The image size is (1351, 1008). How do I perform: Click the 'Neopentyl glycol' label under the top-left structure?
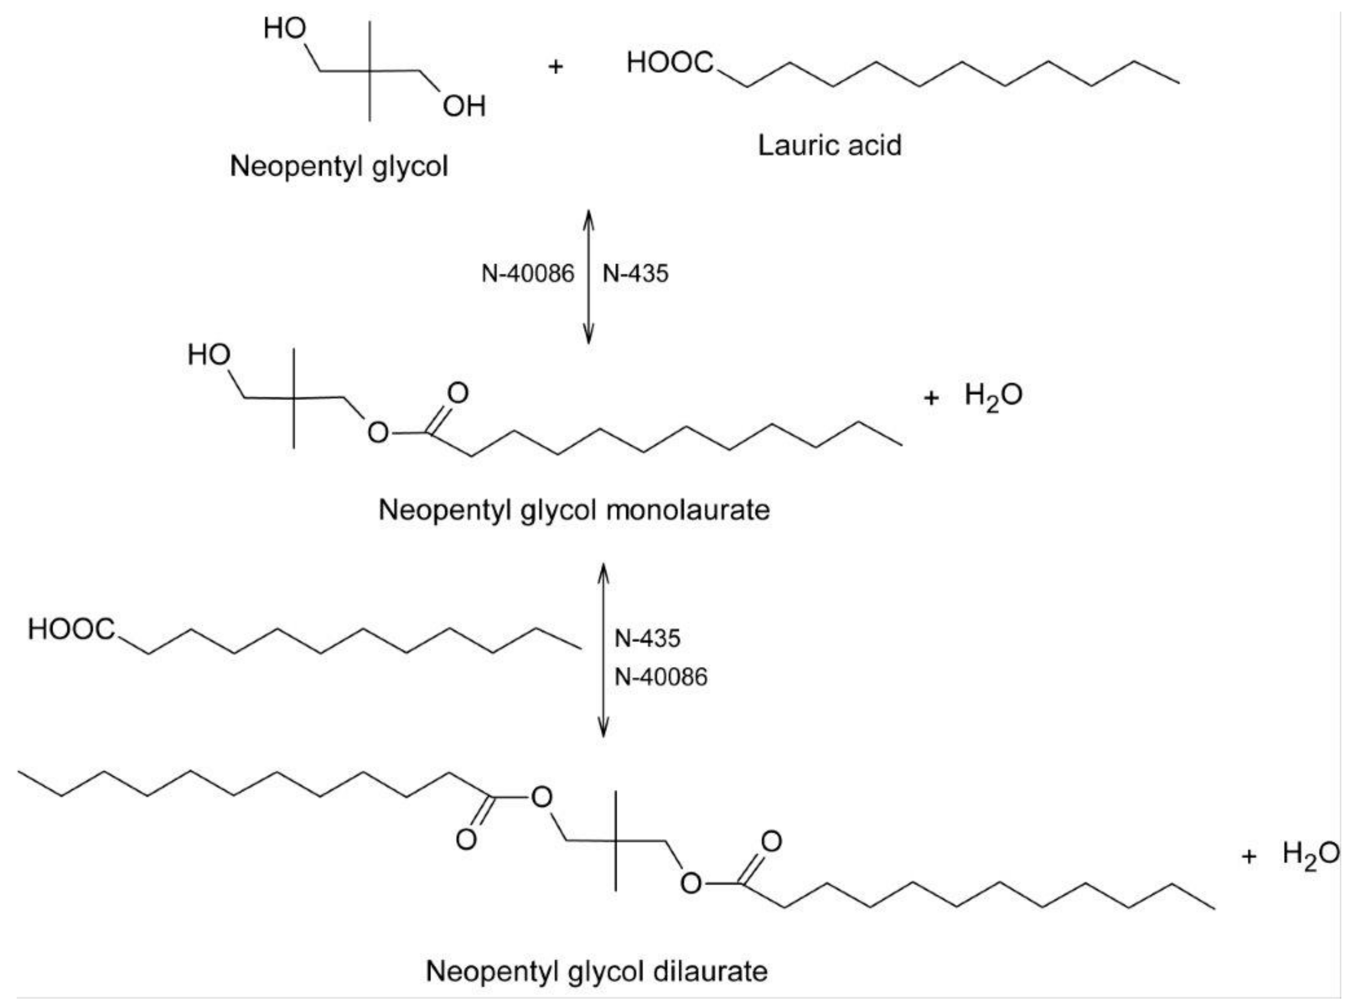[339, 166]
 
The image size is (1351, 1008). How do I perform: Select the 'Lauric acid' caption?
[829, 145]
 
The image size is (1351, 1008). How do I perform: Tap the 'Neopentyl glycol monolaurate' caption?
[574, 509]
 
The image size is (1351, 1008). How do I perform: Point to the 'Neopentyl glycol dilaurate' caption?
[596, 971]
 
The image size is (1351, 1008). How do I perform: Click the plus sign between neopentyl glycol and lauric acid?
[555, 66]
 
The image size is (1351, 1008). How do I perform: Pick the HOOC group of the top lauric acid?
[670, 62]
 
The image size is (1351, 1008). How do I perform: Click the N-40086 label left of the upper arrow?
[527, 274]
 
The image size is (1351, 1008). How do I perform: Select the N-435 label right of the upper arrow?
[635, 274]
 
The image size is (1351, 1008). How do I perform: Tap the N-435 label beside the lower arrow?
[647, 638]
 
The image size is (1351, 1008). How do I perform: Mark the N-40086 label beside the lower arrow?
[660, 677]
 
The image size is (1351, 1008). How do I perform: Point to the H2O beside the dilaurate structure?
[1311, 854]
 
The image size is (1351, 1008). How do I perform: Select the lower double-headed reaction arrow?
[603, 650]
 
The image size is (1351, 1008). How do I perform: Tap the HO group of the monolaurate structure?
[209, 354]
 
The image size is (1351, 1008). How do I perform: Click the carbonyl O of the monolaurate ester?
[458, 393]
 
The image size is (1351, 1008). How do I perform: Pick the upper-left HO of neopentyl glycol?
[284, 28]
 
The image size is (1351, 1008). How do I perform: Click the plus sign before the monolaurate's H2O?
[931, 398]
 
